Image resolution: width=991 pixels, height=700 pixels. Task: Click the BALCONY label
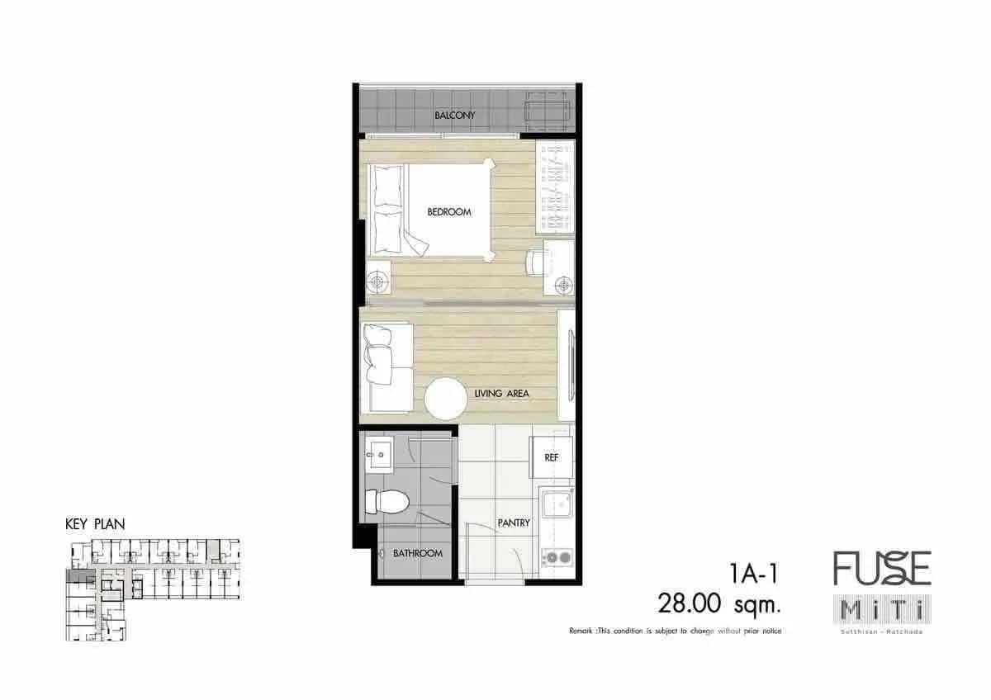tap(455, 116)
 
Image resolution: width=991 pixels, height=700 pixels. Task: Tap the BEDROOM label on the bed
tap(449, 212)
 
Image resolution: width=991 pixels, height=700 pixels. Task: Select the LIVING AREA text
tap(502, 394)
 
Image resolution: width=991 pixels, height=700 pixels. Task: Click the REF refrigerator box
tap(551, 457)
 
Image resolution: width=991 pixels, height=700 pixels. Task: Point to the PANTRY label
tap(513, 523)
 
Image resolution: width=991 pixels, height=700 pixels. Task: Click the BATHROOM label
tap(417, 553)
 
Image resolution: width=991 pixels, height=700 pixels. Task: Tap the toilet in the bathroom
tap(386, 500)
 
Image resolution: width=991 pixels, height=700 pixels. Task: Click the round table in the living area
tap(452, 400)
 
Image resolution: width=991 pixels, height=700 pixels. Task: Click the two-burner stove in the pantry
tap(556, 557)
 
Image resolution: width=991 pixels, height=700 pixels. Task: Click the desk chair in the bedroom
tap(536, 262)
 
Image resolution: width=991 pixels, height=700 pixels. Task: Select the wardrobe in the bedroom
tap(554, 185)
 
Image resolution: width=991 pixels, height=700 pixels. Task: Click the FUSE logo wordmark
tap(881, 569)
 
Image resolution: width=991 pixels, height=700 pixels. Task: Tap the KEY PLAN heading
tap(95, 524)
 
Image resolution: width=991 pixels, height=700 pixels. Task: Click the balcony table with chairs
tap(546, 111)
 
